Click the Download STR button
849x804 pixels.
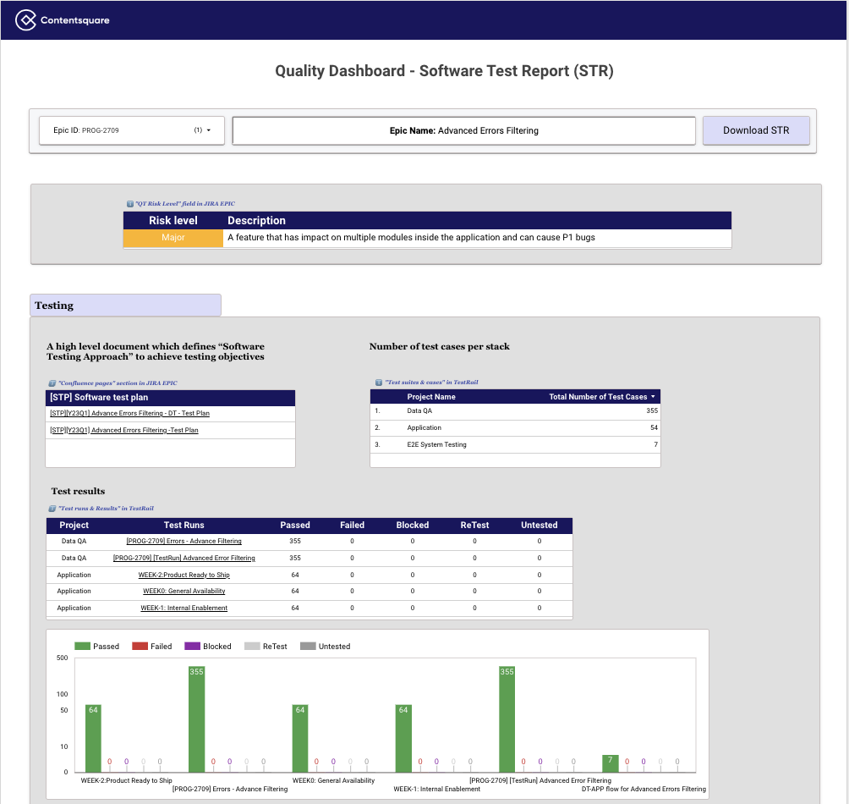(x=756, y=130)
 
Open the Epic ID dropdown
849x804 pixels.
(x=131, y=130)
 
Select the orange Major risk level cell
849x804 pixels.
(x=173, y=238)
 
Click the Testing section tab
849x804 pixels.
(x=125, y=306)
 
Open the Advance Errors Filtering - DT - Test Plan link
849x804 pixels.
(x=129, y=413)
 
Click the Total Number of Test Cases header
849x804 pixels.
(x=601, y=397)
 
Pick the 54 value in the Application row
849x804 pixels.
(x=654, y=427)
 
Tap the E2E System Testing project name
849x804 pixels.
(x=436, y=444)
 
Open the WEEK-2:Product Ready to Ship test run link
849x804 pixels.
(x=183, y=575)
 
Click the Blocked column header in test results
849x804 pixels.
(x=413, y=526)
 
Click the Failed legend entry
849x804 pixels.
(x=154, y=647)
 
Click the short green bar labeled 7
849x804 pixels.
(x=611, y=763)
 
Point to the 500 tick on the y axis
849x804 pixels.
(x=62, y=658)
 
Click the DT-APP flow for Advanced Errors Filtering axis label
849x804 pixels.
(x=644, y=789)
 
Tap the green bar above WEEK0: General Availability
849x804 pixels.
(x=300, y=738)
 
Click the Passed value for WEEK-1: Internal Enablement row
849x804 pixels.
(x=295, y=608)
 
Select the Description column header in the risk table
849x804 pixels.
(x=257, y=221)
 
